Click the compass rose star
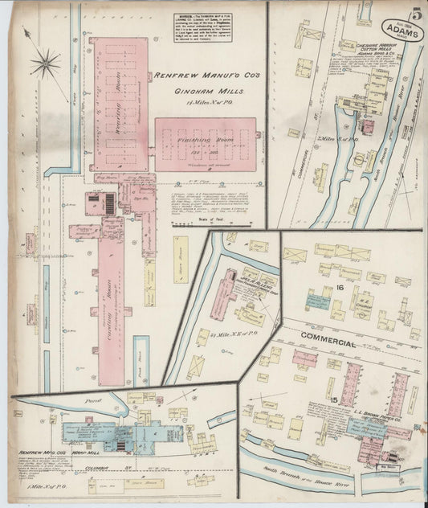tap(47, 62)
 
